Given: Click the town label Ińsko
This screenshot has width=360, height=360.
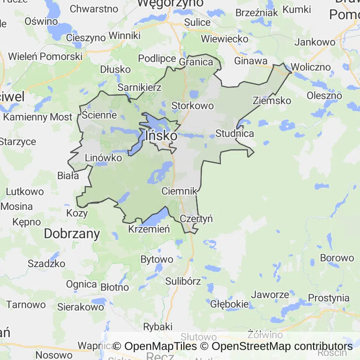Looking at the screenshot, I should point(161,135).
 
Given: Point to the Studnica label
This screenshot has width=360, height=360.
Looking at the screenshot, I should point(234,134).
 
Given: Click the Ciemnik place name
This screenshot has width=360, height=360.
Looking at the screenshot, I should point(179,191).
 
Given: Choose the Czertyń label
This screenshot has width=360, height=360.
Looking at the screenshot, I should point(196,218).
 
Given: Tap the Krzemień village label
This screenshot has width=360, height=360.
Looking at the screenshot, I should point(149,229).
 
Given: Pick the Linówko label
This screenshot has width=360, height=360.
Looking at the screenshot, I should point(103,158).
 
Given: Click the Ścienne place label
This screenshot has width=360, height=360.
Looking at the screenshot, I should point(99,114).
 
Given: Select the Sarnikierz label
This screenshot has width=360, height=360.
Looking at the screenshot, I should point(139,88).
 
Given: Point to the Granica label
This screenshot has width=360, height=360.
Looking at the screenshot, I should point(196,62).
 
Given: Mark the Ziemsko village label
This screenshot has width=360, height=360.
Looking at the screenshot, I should point(271,100).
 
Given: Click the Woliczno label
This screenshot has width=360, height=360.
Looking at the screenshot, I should point(310,67).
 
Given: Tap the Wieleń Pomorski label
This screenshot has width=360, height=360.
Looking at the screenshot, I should point(45,56).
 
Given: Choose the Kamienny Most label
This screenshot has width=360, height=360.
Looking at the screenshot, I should point(38,117).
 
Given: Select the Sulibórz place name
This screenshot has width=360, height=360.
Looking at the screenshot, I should point(183,281).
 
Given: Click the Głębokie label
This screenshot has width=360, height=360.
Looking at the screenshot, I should point(229,304).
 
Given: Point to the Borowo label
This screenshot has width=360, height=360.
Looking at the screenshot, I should point(337,258).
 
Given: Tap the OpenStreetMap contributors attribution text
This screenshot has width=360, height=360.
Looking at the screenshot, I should point(282,346).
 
